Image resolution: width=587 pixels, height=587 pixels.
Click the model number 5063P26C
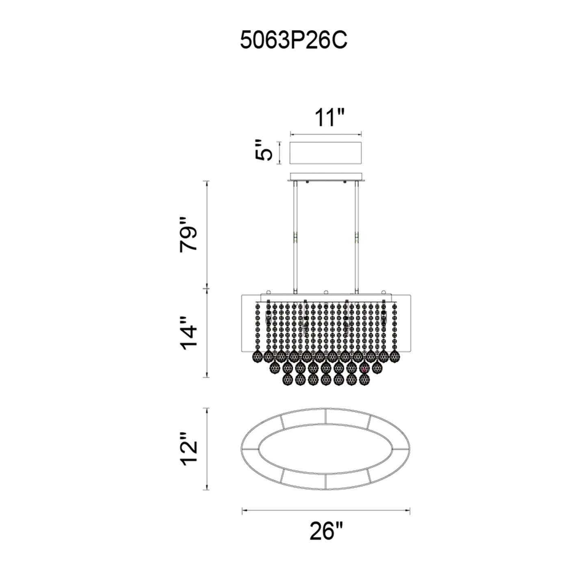point(294,40)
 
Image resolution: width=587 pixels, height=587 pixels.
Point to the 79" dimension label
point(188,234)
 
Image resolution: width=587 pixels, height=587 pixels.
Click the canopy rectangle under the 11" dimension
point(325,153)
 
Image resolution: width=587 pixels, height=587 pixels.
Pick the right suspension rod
point(356,237)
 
